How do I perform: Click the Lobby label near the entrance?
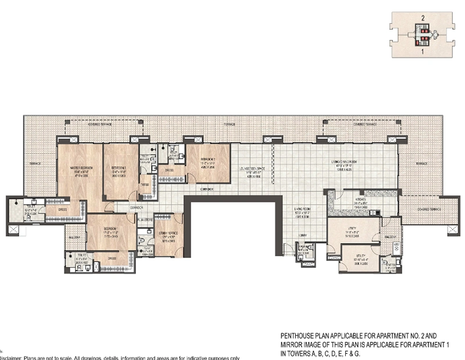[x=303, y=236]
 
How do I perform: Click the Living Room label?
[x=303, y=212]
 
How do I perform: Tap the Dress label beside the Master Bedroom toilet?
[x=62, y=209]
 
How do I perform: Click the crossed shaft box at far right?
[x=453, y=230]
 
